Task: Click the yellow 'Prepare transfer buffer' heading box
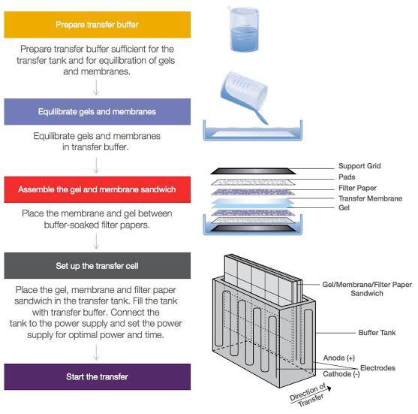98,25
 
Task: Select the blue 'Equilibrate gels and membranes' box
98,111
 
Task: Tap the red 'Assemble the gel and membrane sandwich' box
98,189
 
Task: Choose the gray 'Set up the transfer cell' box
98,265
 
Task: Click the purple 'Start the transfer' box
98,376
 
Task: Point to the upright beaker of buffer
244,29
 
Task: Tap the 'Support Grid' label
359,166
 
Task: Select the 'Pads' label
347,177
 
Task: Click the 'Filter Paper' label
357,188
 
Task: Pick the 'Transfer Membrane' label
370,198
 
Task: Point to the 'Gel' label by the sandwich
344,207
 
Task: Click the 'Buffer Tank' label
377,333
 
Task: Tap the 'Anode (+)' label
338,358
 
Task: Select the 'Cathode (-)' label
341,374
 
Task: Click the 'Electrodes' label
377,368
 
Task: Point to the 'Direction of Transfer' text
308,395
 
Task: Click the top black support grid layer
253,171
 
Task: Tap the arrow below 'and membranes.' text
96,87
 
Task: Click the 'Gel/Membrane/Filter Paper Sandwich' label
367,289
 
